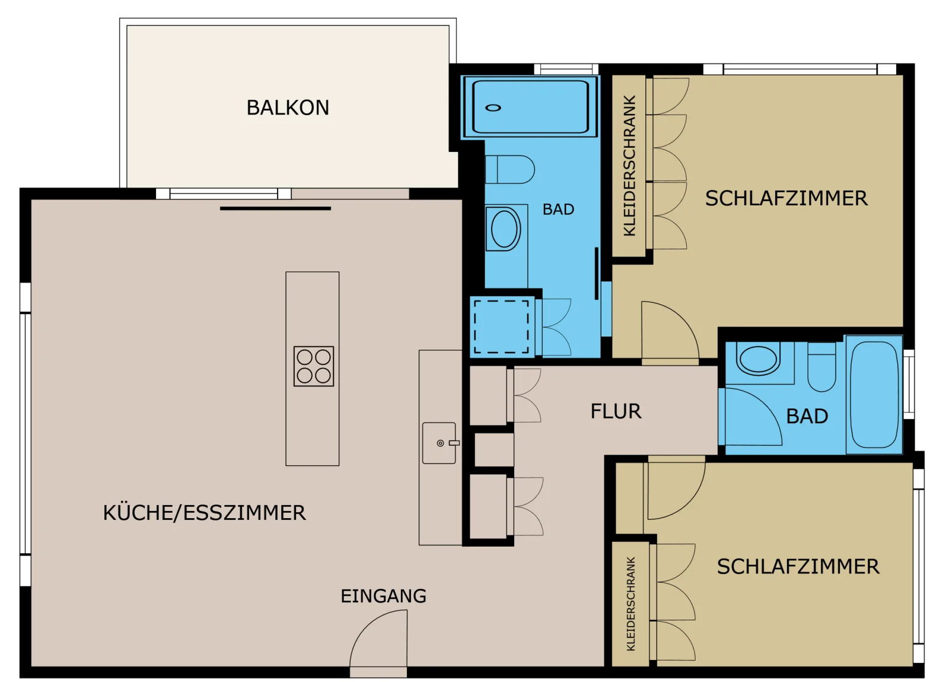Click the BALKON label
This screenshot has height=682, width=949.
(x=288, y=107)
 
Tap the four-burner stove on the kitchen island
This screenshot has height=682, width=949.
(x=314, y=367)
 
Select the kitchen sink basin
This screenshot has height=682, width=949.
(x=440, y=443)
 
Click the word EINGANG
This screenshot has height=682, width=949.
(x=384, y=597)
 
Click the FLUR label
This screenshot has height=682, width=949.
(x=616, y=411)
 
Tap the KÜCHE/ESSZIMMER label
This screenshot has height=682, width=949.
(x=204, y=513)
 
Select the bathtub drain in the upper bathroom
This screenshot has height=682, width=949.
(x=493, y=107)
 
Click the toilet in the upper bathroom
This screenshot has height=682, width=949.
(x=510, y=170)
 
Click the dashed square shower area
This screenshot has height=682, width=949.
(x=502, y=327)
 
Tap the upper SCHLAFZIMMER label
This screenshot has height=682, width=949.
(x=786, y=199)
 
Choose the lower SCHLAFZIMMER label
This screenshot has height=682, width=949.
(x=798, y=567)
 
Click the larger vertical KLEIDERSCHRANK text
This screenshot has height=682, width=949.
(x=630, y=166)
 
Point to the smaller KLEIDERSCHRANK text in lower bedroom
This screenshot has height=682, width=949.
(x=631, y=604)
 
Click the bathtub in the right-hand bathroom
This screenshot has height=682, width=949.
(x=874, y=395)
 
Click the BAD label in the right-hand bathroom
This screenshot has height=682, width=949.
(x=807, y=417)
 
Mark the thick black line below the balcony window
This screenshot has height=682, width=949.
(x=275, y=208)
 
